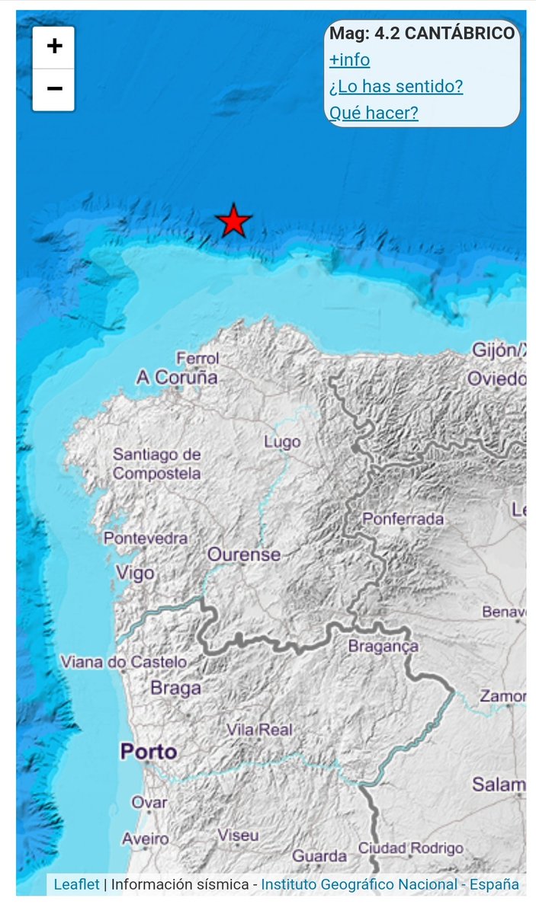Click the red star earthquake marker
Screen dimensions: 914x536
[233, 221]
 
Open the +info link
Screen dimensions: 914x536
[349, 59]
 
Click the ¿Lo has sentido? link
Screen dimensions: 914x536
[396, 86]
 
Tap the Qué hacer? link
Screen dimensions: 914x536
[374, 113]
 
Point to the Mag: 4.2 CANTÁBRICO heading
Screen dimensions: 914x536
[422, 34]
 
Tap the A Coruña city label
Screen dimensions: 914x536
[176, 377]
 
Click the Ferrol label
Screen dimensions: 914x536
[197, 358]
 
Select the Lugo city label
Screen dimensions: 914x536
[281, 442]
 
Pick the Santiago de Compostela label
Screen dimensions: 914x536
[157, 464]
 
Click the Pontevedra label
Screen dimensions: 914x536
[146, 538]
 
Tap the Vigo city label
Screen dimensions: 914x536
[134, 572]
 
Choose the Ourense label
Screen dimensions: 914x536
[244, 554]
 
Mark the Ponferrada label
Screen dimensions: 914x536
[403, 519]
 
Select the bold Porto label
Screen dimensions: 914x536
[149, 752]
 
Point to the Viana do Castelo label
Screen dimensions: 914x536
[124, 661]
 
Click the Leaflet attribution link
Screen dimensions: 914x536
[76, 884]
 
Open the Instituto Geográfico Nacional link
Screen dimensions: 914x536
[359, 884]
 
